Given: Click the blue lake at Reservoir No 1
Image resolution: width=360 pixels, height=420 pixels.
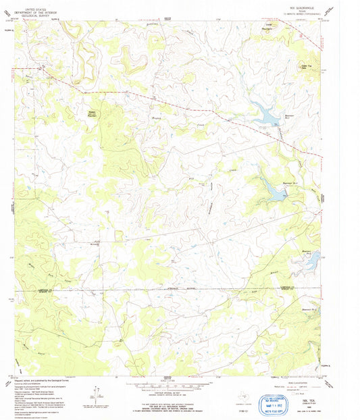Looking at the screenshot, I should pos(266,115).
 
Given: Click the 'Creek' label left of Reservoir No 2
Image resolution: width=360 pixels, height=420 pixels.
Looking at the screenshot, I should pos(235,172).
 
